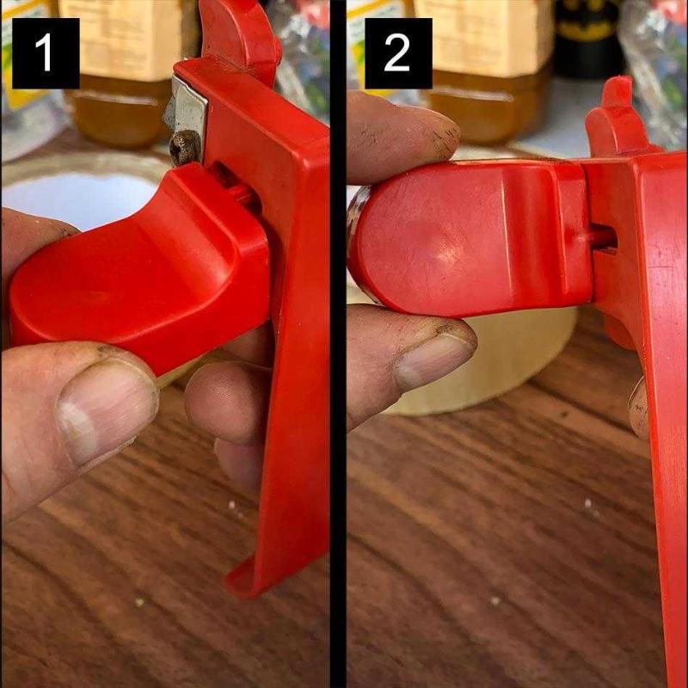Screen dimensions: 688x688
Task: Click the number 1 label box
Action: coord(46,53)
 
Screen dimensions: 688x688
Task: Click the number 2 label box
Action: coord(398,53)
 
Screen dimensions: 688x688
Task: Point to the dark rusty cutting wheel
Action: coord(184,147)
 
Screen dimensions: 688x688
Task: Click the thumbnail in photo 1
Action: coord(107,410)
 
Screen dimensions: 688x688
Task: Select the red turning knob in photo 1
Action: coord(140,267)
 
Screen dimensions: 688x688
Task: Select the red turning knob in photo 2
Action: coord(470,237)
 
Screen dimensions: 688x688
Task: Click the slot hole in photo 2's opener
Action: coord(605,240)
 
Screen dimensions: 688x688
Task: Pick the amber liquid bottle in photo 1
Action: coord(127,72)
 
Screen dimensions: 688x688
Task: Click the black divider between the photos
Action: coord(338,344)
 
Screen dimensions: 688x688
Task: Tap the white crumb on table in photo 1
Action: coord(232,506)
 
